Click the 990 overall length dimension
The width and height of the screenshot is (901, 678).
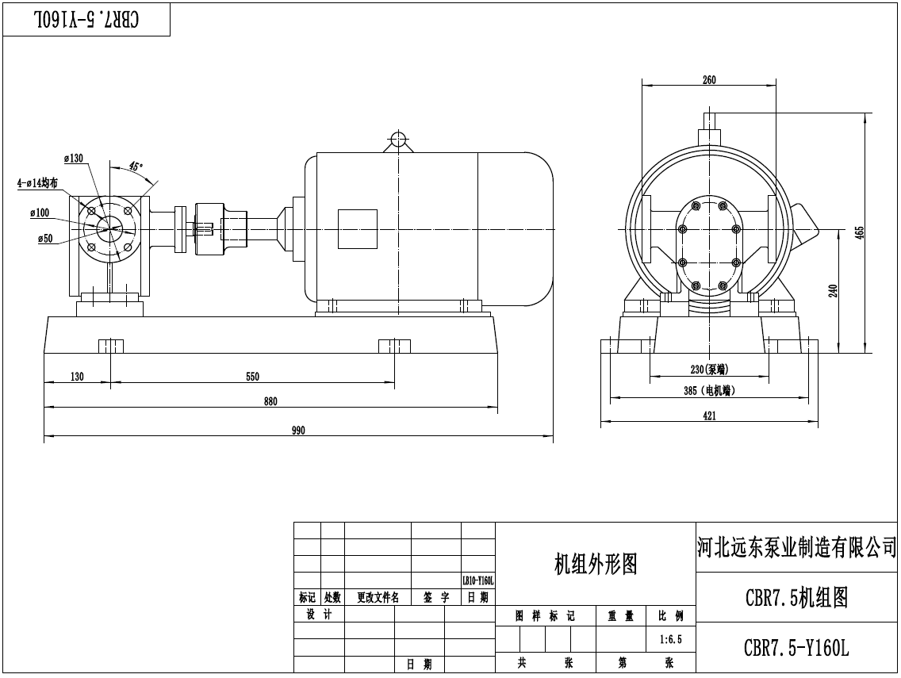[298, 431]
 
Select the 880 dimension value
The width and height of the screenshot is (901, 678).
[270, 401]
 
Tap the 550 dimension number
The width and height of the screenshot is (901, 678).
[252, 377]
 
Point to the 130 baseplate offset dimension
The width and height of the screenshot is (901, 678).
[77, 377]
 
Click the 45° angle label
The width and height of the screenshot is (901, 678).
[136, 167]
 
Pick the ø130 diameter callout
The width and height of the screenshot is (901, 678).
[73, 159]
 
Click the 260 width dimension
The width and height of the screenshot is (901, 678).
[709, 79]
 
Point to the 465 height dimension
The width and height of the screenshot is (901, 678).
[859, 232]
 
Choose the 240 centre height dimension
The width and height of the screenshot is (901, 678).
[832, 291]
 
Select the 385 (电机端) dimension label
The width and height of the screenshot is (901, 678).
[709, 390]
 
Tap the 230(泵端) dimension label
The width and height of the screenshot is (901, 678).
[709, 369]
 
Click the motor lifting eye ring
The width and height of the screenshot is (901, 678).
[397, 137]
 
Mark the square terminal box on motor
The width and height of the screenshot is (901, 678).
[357, 229]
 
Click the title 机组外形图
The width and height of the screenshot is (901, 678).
[595, 564]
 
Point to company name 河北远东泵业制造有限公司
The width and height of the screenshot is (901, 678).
[796, 546]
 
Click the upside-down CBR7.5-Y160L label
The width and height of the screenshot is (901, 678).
[86, 20]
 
